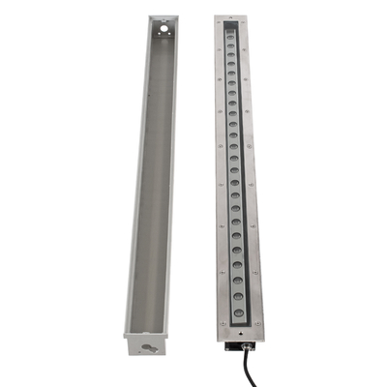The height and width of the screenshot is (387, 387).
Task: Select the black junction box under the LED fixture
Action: (233, 346)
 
